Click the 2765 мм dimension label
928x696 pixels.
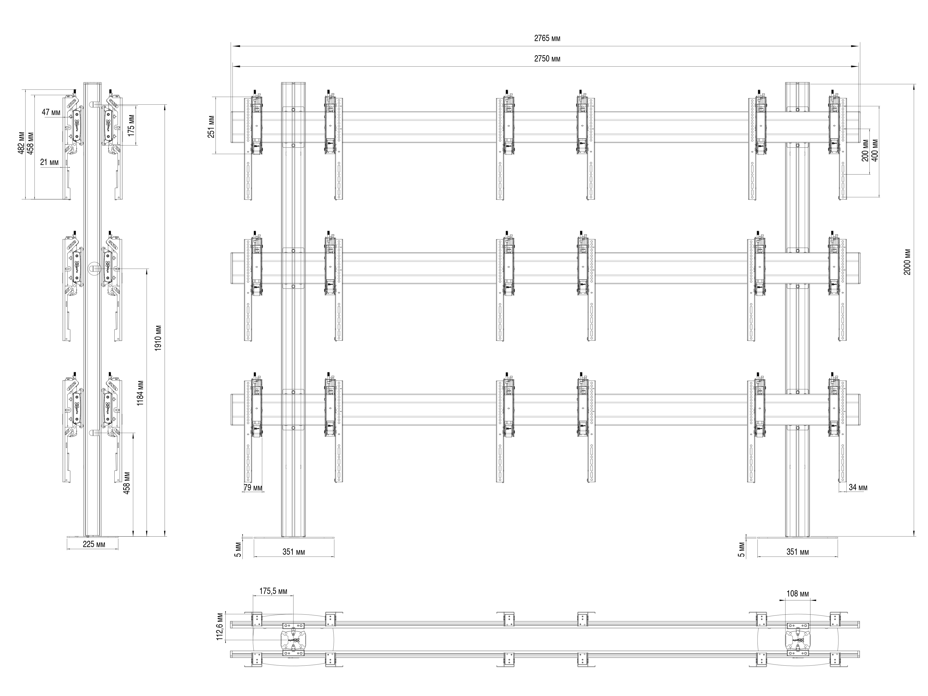547,39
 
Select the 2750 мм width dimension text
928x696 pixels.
547,59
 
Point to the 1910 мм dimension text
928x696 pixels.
158,338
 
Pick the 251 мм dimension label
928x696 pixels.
211,126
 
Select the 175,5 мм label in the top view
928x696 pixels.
273,591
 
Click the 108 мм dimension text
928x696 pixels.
798,594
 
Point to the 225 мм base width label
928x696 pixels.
94,544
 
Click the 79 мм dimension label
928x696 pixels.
253,487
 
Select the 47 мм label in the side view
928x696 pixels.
51,113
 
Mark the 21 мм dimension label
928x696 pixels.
49,162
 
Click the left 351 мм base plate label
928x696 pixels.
294,552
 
